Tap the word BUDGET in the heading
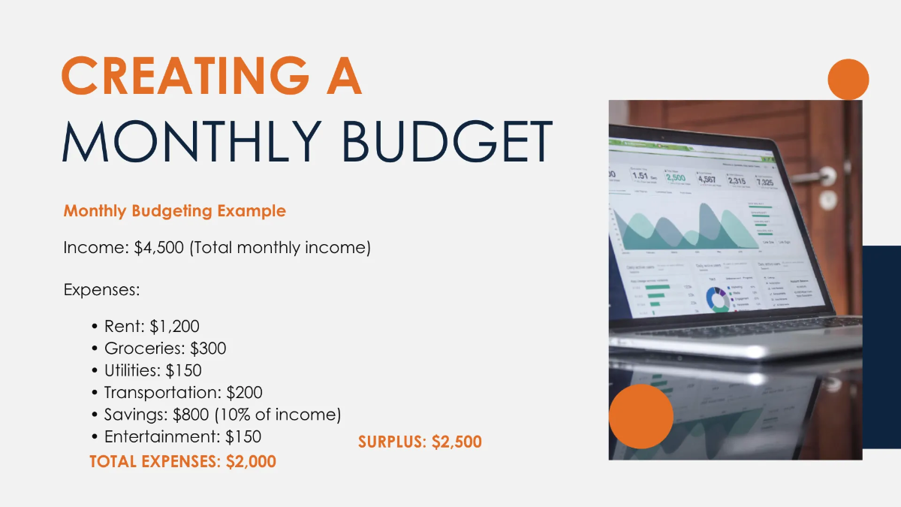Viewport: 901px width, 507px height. [447, 140]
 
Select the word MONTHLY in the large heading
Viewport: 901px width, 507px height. [194, 140]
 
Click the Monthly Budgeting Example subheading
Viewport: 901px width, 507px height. [174, 210]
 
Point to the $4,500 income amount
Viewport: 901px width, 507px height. [158, 248]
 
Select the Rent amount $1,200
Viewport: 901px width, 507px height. [174, 327]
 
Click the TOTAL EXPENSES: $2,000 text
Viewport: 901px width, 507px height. [182, 461]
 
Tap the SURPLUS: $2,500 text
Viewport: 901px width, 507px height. [420, 442]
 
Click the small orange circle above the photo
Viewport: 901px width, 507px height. [848, 79]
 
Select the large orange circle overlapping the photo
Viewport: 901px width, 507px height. [640, 416]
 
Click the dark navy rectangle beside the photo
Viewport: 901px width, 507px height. [881, 346]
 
